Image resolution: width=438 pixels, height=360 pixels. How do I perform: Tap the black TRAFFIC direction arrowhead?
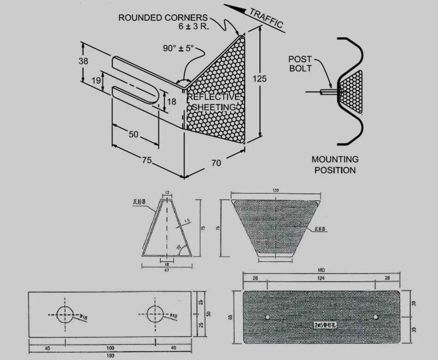(x=233, y=8)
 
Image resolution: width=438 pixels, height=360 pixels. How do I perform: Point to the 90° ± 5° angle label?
(x=179, y=48)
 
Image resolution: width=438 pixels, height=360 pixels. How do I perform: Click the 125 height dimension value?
(x=260, y=79)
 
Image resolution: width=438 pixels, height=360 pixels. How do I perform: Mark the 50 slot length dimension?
(x=133, y=134)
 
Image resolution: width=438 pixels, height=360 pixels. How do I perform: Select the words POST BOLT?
(x=300, y=64)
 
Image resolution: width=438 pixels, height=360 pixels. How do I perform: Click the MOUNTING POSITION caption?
(x=335, y=164)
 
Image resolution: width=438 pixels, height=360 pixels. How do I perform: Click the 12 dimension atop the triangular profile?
(x=166, y=192)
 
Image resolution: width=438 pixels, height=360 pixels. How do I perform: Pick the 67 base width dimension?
(x=166, y=270)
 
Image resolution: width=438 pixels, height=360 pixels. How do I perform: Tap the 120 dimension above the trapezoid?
(x=275, y=190)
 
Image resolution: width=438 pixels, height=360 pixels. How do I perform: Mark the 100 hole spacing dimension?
(x=110, y=348)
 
